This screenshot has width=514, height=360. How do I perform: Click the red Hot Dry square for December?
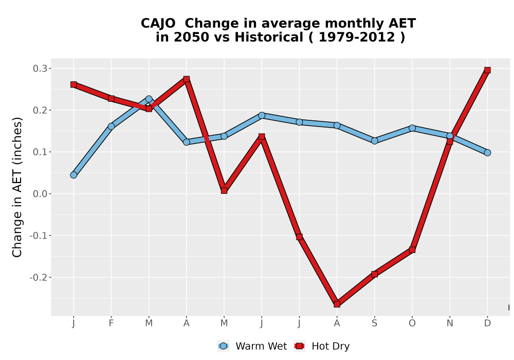coord(487,70)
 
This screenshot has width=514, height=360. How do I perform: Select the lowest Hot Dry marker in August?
coord(337,304)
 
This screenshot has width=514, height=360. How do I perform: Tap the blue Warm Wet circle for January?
coord(74,175)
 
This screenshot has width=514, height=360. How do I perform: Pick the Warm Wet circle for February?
coord(111,126)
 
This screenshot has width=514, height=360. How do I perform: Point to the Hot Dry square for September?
coord(374,274)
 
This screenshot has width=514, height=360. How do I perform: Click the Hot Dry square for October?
coord(412,250)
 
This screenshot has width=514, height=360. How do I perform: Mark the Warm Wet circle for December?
coord(487,152)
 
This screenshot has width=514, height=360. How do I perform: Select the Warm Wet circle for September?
coord(374,141)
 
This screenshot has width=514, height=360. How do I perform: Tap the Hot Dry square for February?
coord(111,99)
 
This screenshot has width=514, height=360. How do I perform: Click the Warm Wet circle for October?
coord(412,128)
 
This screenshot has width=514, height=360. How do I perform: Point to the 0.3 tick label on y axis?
coord(40,68)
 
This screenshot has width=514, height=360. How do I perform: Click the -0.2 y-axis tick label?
coord(39,278)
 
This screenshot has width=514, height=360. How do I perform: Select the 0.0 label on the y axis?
coord(40,194)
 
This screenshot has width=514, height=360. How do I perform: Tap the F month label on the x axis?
coord(111,323)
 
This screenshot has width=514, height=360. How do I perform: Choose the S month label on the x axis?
coord(374,323)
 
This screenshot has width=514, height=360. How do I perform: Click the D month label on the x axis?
coord(487,323)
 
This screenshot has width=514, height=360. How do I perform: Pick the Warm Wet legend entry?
coord(252,346)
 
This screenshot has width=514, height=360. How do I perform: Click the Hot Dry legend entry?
coord(322,346)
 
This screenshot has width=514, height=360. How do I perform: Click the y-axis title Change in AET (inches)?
coord(17,187)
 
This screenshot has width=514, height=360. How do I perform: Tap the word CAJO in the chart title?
coord(158,24)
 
